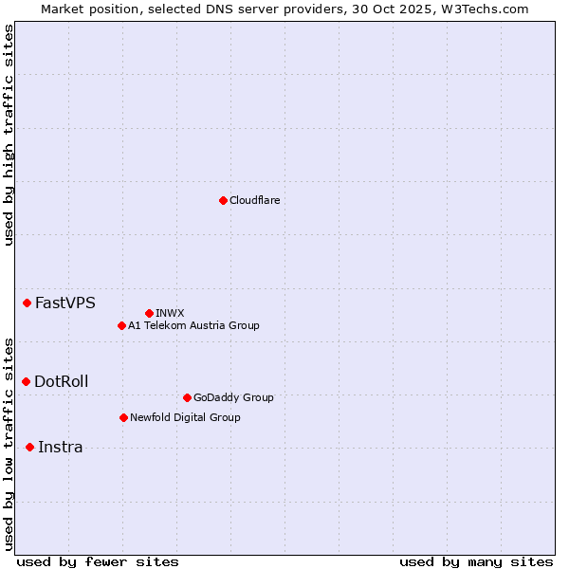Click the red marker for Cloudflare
[x=223, y=200]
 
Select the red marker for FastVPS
[x=28, y=303]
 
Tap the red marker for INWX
[x=149, y=313]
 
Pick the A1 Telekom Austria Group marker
[x=121, y=325]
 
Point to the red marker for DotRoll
[x=27, y=381]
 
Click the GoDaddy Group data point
[x=187, y=397]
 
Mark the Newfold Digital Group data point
[x=123, y=417]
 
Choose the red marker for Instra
[x=30, y=447]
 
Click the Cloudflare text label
[x=255, y=200]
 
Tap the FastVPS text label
[x=65, y=303]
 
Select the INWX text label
[x=171, y=313]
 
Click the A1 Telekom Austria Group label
[x=193, y=325]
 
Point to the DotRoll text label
[x=62, y=382]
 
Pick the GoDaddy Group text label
[x=233, y=397]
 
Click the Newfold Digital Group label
[x=185, y=417]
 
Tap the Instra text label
[x=61, y=448]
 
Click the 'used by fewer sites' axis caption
[x=98, y=561]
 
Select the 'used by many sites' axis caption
[x=476, y=561]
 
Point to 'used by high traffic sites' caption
[x=9, y=135]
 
